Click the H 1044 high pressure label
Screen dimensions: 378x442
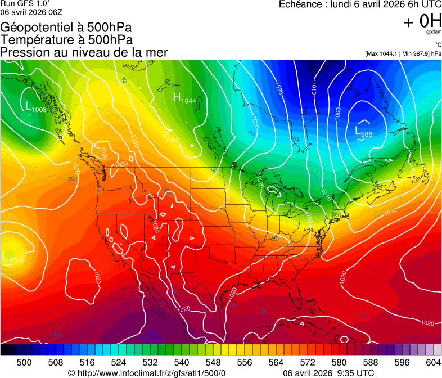coord(184,99)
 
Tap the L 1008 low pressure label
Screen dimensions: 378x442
coord(36,107)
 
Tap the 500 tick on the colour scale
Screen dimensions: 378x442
coord(24,362)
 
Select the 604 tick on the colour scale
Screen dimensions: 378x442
coord(433,362)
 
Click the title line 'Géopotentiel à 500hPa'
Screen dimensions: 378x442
coord(70,28)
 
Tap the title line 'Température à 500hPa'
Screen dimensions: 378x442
coord(66,40)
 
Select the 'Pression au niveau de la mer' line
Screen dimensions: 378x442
coord(84,52)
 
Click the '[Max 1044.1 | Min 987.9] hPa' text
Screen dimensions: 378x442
coord(403,53)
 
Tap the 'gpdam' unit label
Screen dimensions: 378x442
coord(434,32)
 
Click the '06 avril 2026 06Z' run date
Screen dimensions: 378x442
coord(31,11)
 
